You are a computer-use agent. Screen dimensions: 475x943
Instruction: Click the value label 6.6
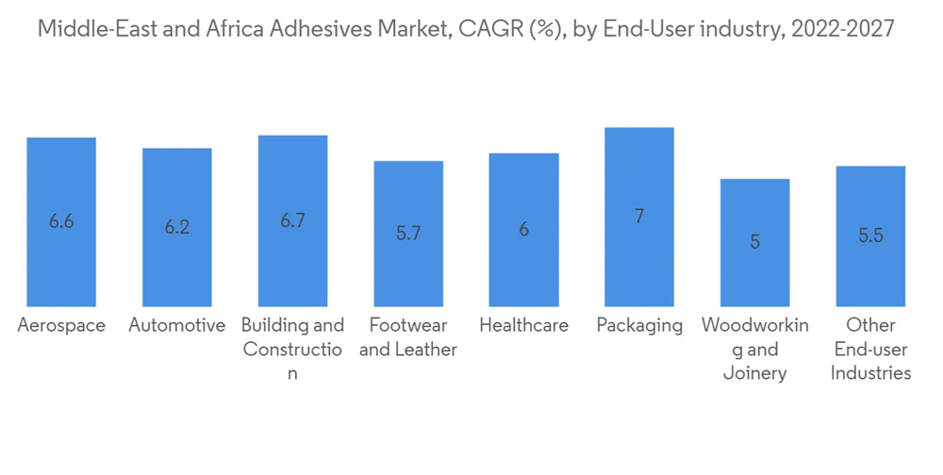pos(61,221)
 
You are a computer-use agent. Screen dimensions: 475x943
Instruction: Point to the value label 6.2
pos(177,227)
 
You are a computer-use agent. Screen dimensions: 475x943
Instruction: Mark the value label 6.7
pos(292,221)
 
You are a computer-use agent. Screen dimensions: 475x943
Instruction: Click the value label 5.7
pos(408,234)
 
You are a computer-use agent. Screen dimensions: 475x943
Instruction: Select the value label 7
pos(639,217)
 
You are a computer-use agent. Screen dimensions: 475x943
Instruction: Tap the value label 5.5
pos(870,236)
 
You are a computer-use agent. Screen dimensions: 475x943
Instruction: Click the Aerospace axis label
pos(61,326)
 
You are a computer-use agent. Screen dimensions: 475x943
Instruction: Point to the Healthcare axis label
pos(523,326)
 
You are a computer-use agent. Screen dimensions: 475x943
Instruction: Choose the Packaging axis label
pos(639,326)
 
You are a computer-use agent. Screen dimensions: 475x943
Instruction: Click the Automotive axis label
pos(177,326)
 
